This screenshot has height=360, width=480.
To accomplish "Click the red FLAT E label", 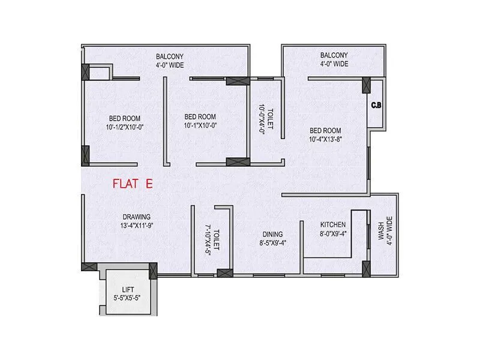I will click(x=133, y=184).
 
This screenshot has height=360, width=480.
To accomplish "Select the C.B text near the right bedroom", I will click(x=376, y=106).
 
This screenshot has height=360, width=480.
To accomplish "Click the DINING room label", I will click(x=272, y=235).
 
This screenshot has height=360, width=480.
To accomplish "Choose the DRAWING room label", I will click(x=137, y=217).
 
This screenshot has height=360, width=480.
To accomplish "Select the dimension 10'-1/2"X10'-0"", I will click(x=125, y=127).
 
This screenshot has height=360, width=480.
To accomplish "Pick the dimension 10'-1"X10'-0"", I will click(x=200, y=126).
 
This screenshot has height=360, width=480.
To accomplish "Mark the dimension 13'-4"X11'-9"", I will click(x=137, y=226).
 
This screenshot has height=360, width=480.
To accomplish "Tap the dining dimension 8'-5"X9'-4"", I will click(x=272, y=244).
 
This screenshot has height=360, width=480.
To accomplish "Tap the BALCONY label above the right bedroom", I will click(x=334, y=55).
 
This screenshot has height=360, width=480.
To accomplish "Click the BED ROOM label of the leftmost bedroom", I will click(x=125, y=117).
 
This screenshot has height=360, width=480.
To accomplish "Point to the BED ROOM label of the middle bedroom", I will click(x=200, y=116).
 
